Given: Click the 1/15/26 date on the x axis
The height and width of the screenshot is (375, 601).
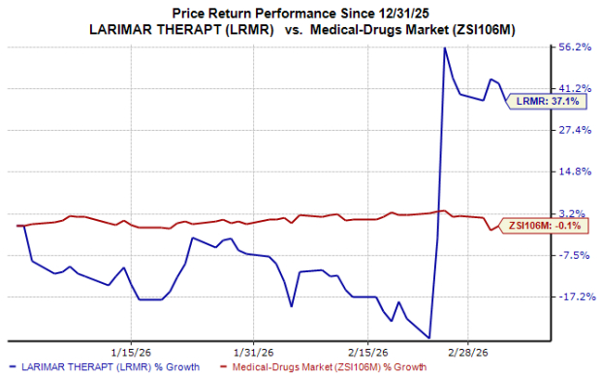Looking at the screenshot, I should pos(128,353).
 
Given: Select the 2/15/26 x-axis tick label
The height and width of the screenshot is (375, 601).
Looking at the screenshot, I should pos(368,353).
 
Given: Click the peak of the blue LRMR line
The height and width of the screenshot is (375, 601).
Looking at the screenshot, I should pos(444,47).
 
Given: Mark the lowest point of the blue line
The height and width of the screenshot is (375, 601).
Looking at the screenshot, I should pos(429,338).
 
